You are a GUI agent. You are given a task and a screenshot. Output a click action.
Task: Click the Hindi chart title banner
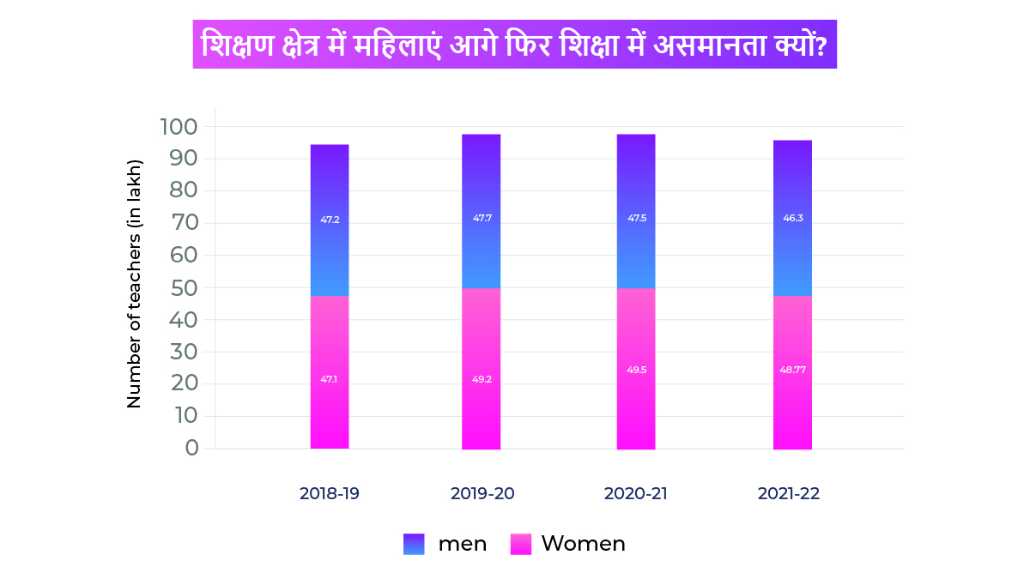point(514,45)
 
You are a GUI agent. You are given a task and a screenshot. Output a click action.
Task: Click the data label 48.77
point(792,371)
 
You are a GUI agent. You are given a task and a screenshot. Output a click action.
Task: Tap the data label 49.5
point(636,371)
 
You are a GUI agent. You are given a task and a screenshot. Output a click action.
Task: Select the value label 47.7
point(482,218)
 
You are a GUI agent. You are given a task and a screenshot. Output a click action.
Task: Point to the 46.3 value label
point(792,218)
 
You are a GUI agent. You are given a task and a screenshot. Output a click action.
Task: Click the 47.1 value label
point(329,379)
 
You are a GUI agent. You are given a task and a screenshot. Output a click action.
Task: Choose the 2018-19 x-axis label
point(330,494)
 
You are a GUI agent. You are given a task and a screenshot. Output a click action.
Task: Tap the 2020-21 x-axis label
point(635,494)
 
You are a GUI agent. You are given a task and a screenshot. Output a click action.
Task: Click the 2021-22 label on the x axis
point(789,494)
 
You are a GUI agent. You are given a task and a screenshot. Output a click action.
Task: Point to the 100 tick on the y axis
point(179,127)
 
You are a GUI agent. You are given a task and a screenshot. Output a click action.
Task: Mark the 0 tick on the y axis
point(191,448)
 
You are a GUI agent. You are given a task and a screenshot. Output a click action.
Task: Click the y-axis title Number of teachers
point(134,283)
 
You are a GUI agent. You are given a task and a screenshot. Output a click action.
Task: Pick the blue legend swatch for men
point(414,544)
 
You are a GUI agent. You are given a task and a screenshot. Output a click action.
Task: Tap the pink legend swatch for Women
point(521,544)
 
